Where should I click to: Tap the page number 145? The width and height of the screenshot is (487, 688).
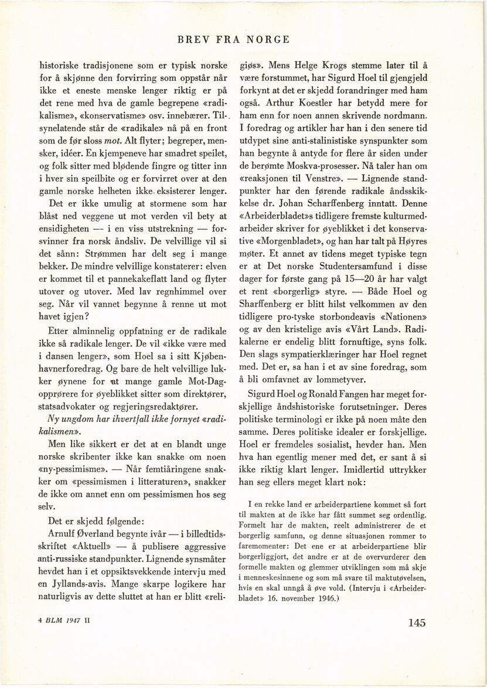(x=414, y=623)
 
